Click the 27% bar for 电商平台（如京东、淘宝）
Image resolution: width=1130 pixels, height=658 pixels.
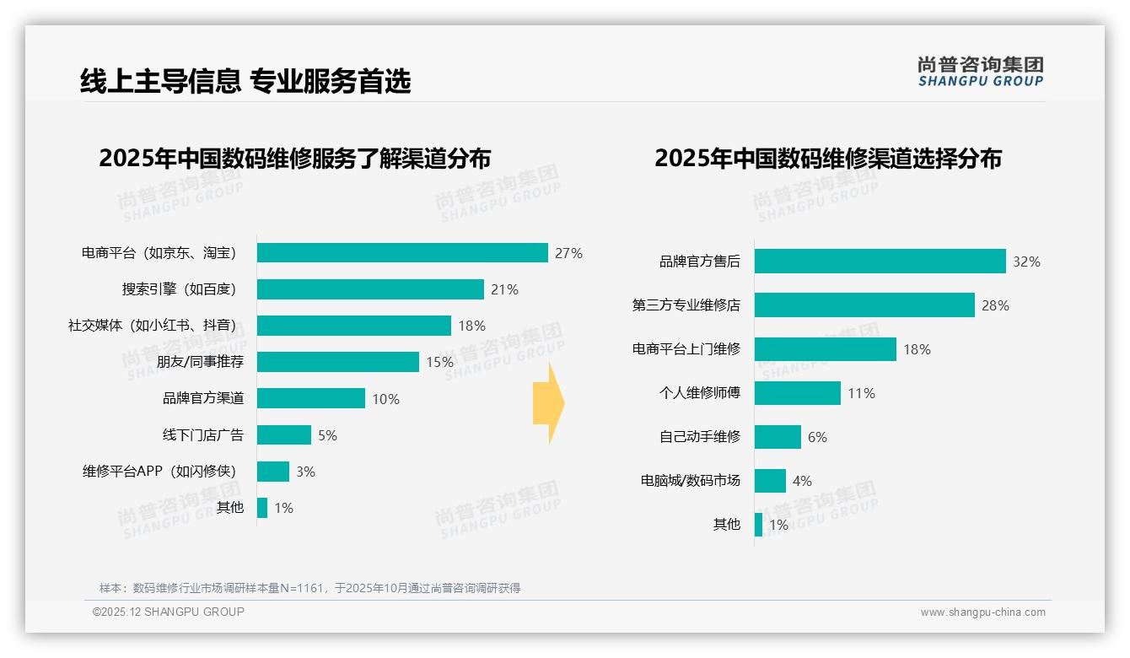tap(402, 253)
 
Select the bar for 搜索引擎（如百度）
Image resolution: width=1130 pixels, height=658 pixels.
tap(370, 289)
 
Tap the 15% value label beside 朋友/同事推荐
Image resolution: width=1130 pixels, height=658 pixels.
tap(439, 362)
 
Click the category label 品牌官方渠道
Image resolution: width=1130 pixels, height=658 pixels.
tap(202, 398)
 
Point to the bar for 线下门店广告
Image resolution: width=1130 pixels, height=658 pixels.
tap(284, 435)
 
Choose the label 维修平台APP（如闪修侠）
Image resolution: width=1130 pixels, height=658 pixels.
tap(159, 472)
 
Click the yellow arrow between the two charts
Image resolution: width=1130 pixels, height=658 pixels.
tap(549, 404)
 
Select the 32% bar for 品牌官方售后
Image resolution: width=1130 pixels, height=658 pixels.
tap(880, 262)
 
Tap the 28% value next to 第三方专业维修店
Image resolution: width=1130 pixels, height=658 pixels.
tap(995, 305)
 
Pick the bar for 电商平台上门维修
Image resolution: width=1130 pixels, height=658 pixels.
tap(825, 349)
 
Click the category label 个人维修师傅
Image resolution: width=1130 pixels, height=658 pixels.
tap(699, 393)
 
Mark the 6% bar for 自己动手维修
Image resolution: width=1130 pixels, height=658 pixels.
tap(778, 437)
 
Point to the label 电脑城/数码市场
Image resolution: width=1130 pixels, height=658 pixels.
tap(690, 481)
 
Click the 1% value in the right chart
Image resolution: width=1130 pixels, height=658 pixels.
tap(778, 525)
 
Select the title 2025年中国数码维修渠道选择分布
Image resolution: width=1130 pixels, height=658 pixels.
tap(827, 159)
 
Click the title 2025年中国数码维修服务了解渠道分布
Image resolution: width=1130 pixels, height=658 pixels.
tap(294, 159)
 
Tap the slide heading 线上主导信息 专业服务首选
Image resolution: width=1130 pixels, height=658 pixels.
tap(245, 82)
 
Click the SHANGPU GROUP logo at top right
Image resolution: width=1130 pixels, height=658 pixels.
tap(980, 72)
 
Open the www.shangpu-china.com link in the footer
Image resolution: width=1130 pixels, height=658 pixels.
tap(982, 612)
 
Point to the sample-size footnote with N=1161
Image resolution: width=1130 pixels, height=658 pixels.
tap(309, 588)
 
